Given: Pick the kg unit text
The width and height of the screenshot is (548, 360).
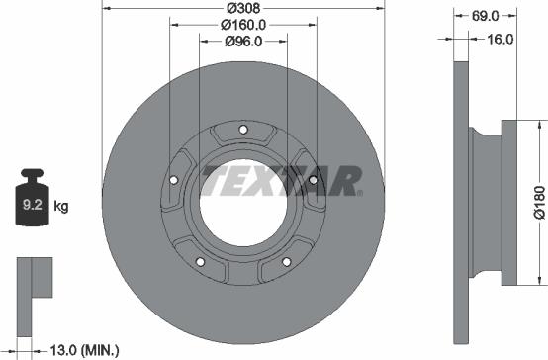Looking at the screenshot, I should [x=60, y=207].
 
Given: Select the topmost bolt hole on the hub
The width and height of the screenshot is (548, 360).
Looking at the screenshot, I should [x=243, y=130].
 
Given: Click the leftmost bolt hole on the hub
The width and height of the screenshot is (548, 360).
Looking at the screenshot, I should [x=174, y=180].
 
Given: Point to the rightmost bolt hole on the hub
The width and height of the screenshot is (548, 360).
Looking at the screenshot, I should [x=313, y=180].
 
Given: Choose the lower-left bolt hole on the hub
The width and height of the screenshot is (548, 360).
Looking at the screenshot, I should [x=201, y=261].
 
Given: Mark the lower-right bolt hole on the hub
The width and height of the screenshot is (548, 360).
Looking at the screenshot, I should [x=286, y=261].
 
